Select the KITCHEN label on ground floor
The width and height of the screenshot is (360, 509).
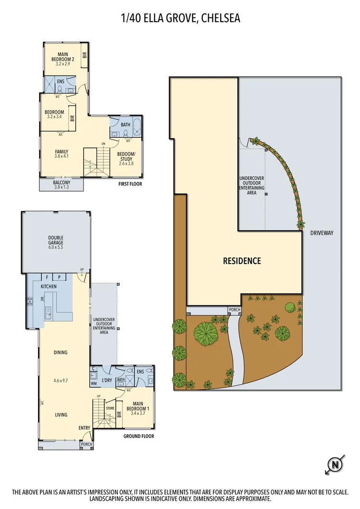click(x=49, y=287)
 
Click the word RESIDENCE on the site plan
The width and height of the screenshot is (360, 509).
click(x=242, y=261)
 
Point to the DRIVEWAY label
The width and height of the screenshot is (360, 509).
click(x=322, y=233)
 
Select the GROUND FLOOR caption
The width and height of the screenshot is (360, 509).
click(x=138, y=436)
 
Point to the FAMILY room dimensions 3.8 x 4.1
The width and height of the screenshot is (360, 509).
click(x=62, y=156)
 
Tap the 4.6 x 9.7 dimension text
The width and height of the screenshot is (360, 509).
click(x=61, y=380)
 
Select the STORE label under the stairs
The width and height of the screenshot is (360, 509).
click(x=110, y=409)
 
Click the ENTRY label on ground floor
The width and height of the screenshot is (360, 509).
click(x=84, y=428)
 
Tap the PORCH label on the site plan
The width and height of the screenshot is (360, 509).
click(x=234, y=310)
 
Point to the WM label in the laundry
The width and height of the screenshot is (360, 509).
click(x=94, y=384)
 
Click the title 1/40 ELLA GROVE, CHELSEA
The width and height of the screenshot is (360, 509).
click(x=180, y=19)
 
